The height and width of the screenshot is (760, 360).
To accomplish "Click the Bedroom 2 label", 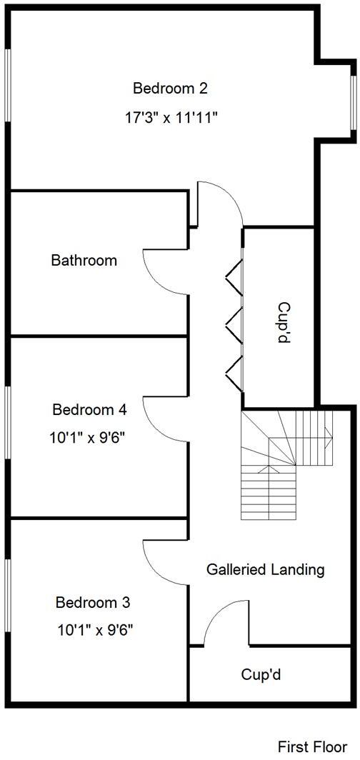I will (170, 89).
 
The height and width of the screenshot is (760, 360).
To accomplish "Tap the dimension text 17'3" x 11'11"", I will (170, 117).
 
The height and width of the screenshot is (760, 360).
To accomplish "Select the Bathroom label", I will (84, 261).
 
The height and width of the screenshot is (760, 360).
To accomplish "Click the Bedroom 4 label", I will (89, 410).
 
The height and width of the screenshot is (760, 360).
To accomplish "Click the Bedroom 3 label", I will (93, 603).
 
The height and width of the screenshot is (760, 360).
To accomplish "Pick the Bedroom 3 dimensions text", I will (96, 630).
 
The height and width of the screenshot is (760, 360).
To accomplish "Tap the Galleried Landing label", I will (265, 570).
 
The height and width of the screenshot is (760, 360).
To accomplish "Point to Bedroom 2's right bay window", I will (353, 100).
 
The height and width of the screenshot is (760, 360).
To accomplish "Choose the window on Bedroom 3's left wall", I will (8, 596).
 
